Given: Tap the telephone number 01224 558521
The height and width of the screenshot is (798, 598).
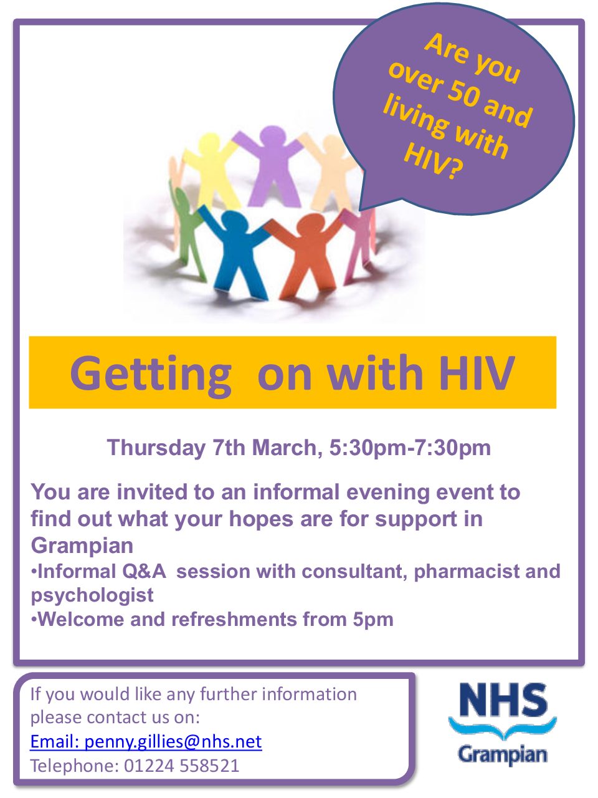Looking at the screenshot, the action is tap(181, 766).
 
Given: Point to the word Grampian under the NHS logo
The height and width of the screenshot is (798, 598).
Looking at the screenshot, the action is tap(503, 755).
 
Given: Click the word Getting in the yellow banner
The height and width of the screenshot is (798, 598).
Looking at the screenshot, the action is tap(151, 374).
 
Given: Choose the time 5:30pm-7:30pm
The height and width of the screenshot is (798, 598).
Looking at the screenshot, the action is tap(410, 448).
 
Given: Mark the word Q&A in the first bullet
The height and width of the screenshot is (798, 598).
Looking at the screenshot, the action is tap(144, 572).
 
